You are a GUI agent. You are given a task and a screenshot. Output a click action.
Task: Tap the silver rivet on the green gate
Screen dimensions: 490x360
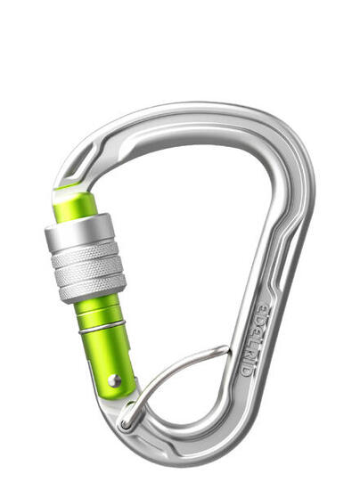[115, 380]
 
